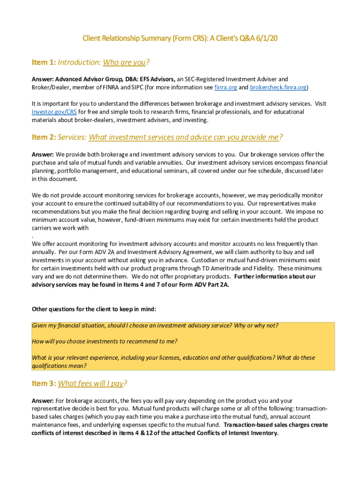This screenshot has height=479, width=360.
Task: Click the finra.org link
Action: (224, 87)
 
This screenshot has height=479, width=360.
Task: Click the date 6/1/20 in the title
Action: (266, 38)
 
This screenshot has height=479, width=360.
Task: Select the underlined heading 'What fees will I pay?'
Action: (92, 384)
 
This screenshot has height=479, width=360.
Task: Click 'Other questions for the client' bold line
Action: (94, 309)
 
